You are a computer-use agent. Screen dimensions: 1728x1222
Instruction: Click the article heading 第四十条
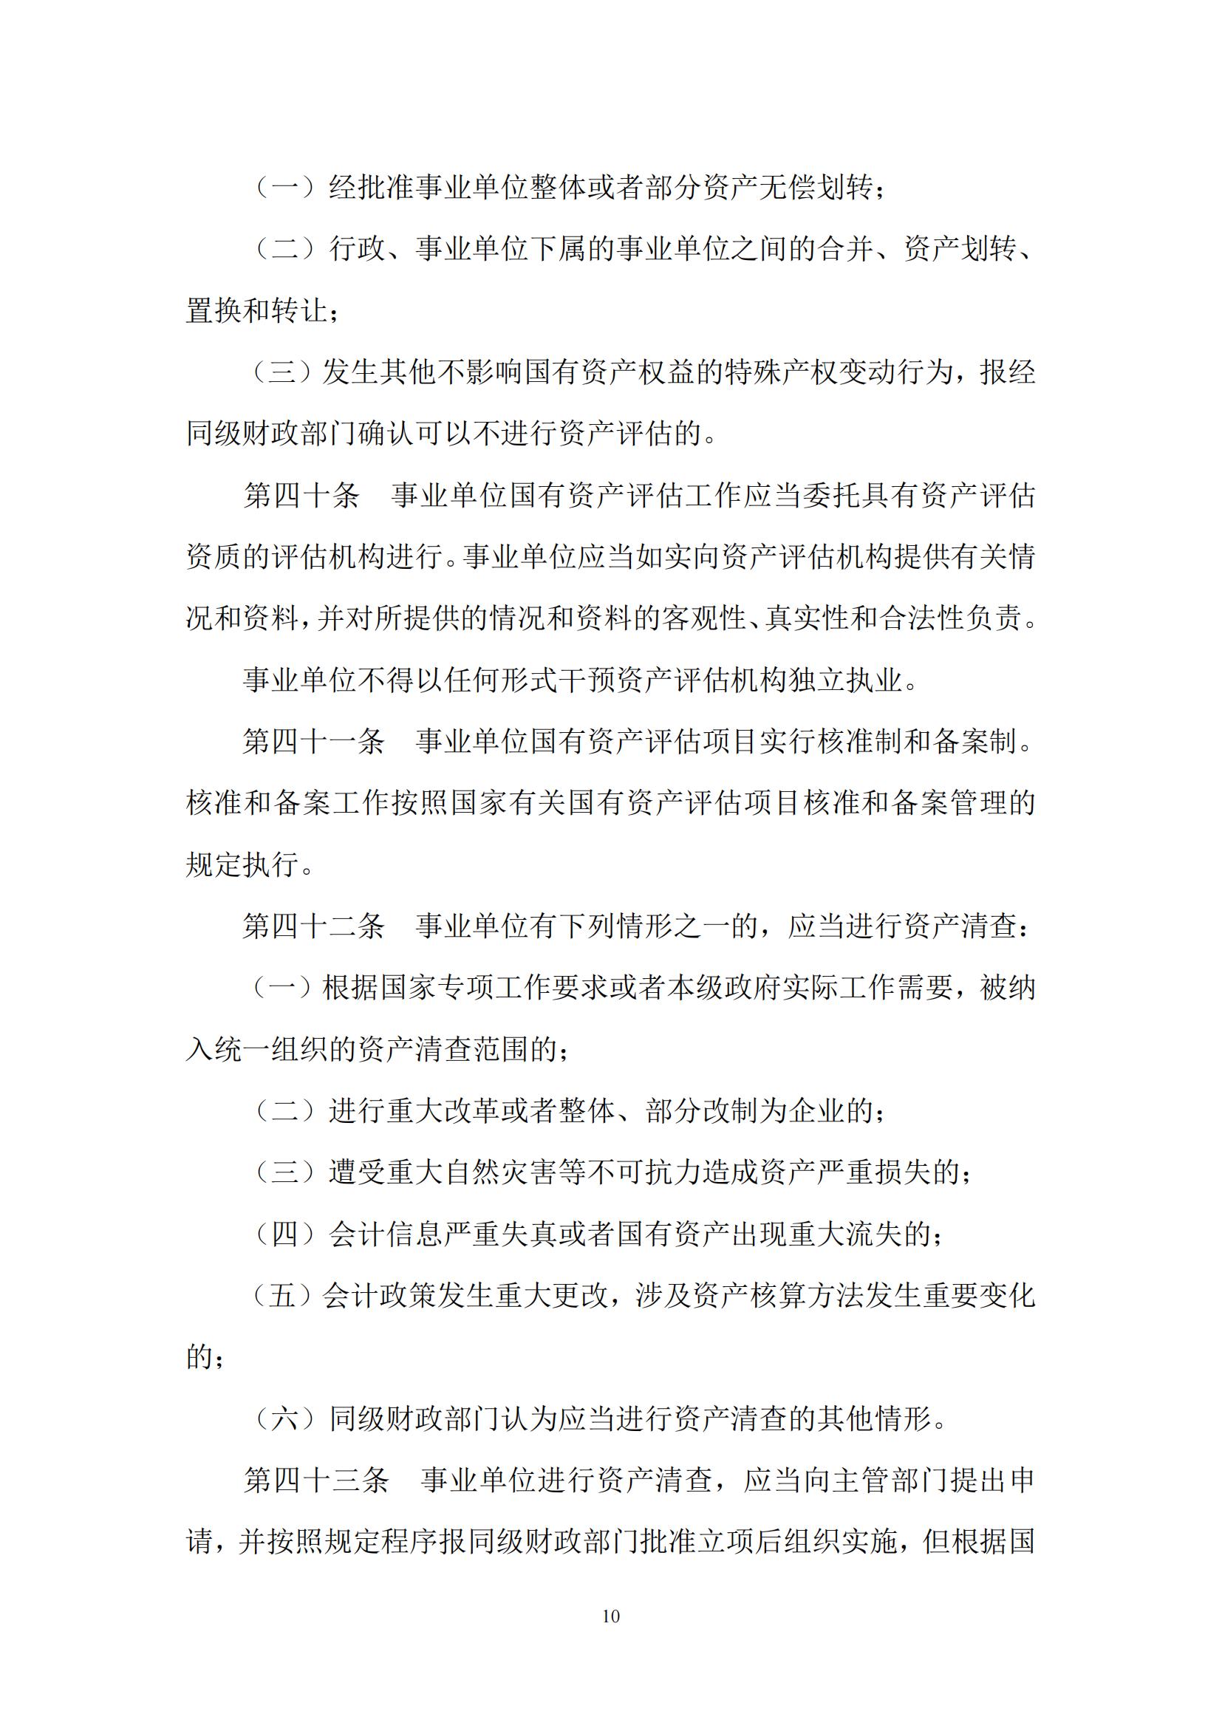[301, 496]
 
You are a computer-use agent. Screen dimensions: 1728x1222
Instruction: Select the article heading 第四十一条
[314, 742]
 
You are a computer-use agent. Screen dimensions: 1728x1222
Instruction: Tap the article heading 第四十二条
[314, 926]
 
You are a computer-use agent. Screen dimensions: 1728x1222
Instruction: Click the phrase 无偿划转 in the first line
[816, 188]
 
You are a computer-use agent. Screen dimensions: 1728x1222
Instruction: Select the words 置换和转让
[257, 311]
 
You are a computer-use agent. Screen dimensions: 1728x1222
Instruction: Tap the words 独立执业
[845, 680]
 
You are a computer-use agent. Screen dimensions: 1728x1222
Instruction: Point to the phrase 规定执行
[242, 865]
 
